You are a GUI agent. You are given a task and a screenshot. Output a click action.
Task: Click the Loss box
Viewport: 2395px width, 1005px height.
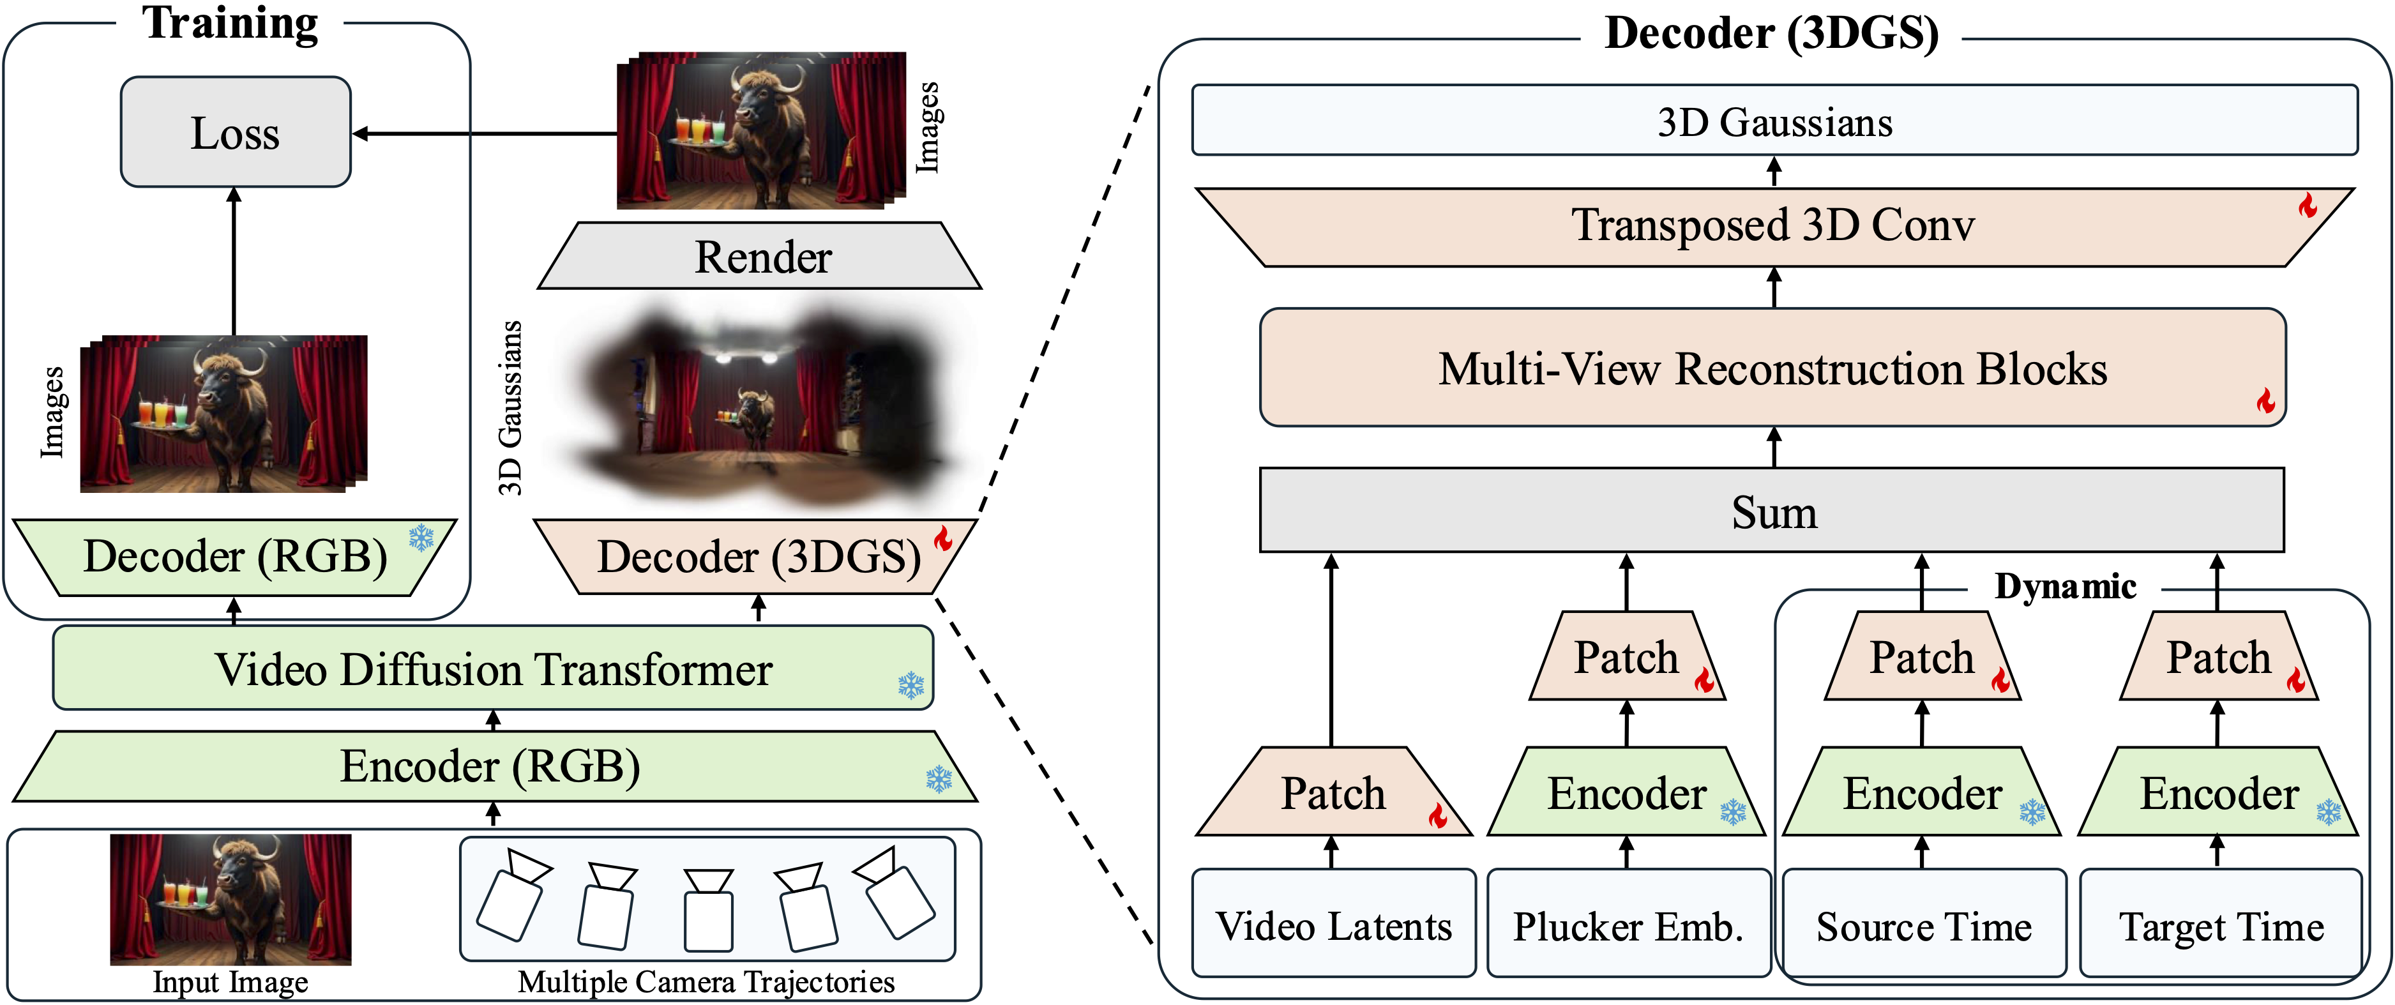tap(235, 132)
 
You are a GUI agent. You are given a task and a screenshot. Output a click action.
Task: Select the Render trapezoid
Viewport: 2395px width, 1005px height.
tap(760, 257)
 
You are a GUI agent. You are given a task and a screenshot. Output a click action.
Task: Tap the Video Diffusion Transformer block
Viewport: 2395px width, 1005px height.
tap(493, 669)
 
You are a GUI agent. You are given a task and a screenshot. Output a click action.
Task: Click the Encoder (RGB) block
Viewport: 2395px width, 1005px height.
tap(493, 767)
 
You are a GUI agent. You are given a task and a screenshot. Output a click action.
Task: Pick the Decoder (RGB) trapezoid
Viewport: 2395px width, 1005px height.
tap(234, 557)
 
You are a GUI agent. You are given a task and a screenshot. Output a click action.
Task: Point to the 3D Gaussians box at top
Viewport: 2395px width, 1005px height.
tap(1774, 121)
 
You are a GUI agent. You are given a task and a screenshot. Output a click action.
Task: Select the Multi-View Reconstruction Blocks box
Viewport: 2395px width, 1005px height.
tap(1772, 368)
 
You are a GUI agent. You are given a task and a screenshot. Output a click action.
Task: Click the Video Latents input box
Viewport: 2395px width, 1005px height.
tap(1333, 925)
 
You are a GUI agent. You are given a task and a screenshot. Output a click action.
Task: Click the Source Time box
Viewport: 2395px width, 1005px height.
tap(1923, 925)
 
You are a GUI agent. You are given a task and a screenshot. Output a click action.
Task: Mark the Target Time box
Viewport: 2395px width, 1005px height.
tap(2220, 925)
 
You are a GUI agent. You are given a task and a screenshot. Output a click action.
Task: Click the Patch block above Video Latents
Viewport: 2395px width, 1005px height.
tap(1333, 793)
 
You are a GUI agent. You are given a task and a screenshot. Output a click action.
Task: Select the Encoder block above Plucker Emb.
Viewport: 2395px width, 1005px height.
tap(1627, 793)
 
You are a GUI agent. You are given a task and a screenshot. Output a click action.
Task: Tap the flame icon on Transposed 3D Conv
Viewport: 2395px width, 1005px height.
tap(2307, 206)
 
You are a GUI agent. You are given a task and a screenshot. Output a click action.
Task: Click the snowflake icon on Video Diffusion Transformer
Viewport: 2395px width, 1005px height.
tap(911, 686)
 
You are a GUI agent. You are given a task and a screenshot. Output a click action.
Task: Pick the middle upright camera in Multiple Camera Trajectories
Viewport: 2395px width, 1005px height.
tap(709, 909)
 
